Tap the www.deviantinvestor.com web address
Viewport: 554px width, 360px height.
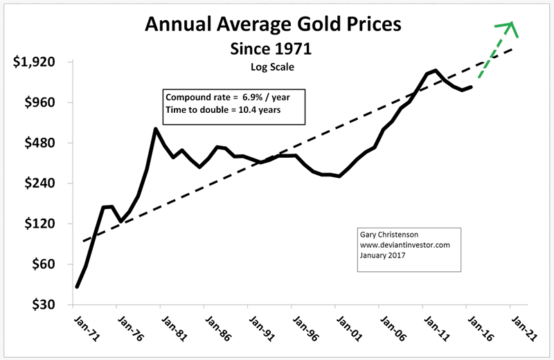(x=404, y=244)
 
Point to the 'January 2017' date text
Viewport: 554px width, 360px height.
(x=382, y=255)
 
